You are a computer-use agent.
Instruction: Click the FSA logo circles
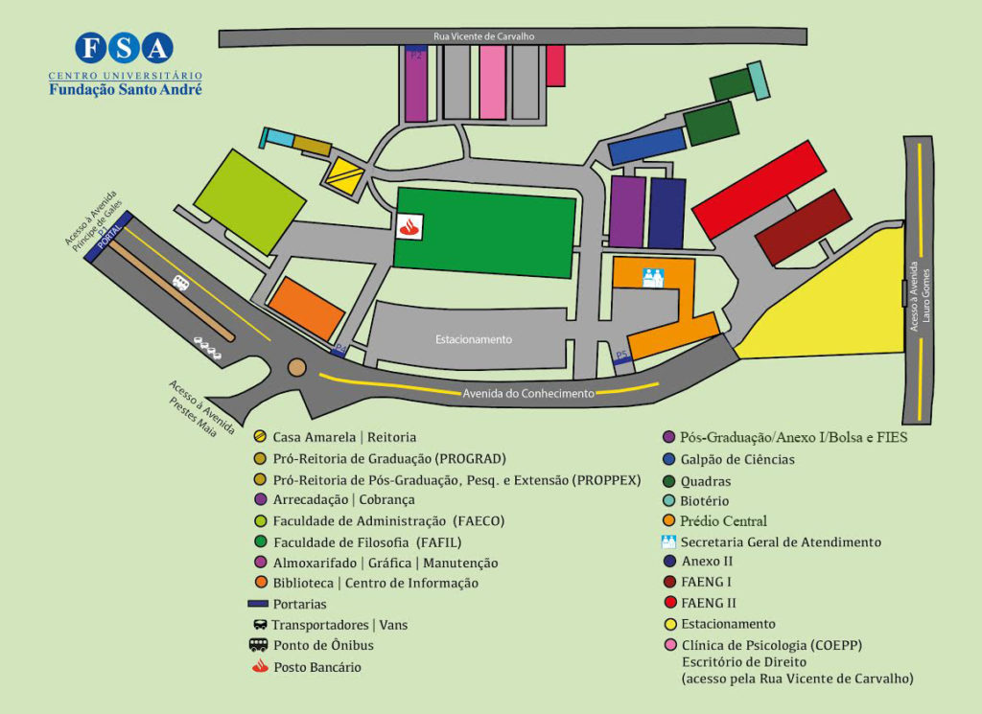tap(125, 47)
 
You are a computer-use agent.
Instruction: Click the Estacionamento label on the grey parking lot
tap(474, 339)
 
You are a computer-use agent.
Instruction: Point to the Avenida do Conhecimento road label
tap(528, 393)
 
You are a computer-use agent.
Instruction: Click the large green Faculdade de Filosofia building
tap(485, 232)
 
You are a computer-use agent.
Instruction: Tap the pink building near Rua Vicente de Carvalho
tap(493, 82)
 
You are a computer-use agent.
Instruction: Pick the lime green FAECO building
tap(249, 200)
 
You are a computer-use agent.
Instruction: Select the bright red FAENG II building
tap(758, 189)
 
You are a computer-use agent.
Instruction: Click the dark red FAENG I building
tap(803, 227)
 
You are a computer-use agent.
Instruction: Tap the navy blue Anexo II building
tap(666, 213)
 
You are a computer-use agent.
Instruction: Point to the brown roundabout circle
tap(297, 367)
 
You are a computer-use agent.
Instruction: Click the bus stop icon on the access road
tap(180, 282)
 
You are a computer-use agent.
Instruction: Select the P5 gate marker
tap(621, 356)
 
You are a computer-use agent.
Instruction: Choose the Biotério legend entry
tap(704, 500)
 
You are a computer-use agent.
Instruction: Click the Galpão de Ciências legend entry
tap(736, 459)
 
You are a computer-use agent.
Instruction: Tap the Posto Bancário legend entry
tap(316, 667)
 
